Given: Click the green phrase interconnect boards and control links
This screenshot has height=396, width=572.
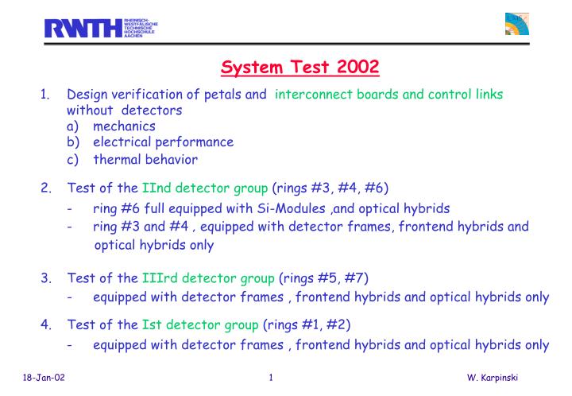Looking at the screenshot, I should pos(388,95).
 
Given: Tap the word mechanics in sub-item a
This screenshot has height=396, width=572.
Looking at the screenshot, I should pos(124,126).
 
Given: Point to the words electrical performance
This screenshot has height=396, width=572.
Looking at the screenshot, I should pos(163,142).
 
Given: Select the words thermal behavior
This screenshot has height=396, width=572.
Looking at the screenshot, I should pos(145,159).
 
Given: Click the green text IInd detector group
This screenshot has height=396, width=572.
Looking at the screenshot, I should pos(204,188).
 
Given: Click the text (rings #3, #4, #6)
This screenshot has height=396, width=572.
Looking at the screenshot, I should pos(330,188).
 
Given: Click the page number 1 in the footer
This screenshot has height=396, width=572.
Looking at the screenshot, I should pos(272,377).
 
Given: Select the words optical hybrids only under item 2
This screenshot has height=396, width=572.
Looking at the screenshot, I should pos(154,246).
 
